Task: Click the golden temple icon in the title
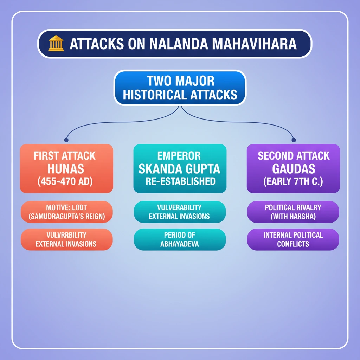click(56, 43)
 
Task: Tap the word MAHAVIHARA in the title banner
click(255, 44)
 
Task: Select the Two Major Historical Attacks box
click(180, 88)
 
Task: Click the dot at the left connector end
click(66, 140)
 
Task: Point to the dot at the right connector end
click(294, 140)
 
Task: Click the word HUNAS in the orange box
click(66, 169)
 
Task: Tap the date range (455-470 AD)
click(65, 181)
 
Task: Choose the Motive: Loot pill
click(66, 212)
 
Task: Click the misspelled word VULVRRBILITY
click(66, 235)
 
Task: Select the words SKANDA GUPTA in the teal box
click(179, 169)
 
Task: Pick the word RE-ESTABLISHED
click(180, 181)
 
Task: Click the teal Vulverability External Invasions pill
click(180, 212)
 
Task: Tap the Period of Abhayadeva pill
click(180, 239)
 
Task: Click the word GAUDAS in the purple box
click(294, 169)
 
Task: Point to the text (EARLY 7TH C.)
click(293, 181)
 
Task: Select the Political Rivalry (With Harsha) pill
click(293, 212)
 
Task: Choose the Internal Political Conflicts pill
click(293, 239)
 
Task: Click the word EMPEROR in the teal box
click(179, 156)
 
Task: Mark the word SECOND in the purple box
click(273, 156)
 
